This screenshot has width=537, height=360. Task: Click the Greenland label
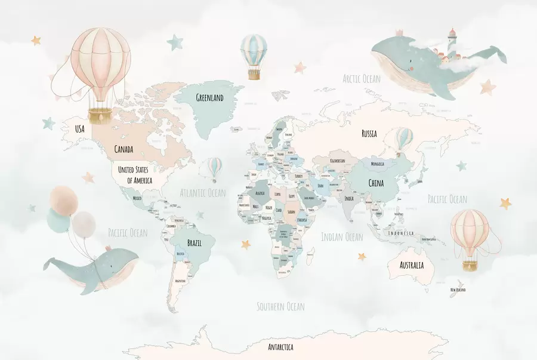(x=210, y=97)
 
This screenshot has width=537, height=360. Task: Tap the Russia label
(x=369, y=134)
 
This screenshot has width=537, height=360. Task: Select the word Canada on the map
(x=124, y=149)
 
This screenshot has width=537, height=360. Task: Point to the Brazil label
(x=195, y=244)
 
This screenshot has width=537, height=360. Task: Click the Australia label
(x=412, y=265)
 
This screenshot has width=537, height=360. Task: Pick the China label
(x=376, y=183)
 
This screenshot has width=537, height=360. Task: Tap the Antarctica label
(x=280, y=347)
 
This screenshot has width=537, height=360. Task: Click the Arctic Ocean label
(x=362, y=78)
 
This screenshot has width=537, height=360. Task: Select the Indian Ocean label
(x=342, y=237)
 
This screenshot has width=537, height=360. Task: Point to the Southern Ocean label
(x=280, y=306)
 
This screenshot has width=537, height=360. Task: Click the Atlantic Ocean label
(x=203, y=192)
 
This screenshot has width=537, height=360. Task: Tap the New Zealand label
(x=458, y=290)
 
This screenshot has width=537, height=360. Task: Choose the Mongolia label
(x=378, y=164)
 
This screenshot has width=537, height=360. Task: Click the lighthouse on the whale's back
(x=452, y=36)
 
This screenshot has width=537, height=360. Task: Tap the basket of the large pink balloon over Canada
(x=100, y=114)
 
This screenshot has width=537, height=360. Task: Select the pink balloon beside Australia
(x=470, y=233)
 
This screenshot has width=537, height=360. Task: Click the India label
(x=349, y=198)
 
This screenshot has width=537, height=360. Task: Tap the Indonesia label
(x=401, y=233)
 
